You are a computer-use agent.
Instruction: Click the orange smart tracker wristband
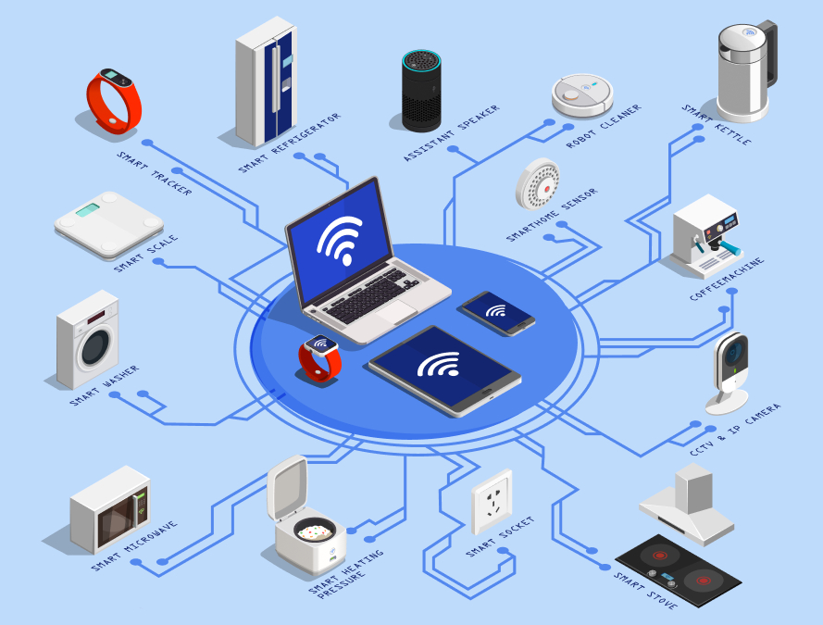click(x=114, y=100)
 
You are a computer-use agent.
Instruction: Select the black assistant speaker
click(x=421, y=90)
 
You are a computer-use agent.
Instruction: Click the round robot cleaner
click(x=582, y=94)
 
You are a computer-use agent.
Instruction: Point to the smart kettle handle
click(x=767, y=56)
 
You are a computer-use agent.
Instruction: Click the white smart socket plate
click(x=492, y=501)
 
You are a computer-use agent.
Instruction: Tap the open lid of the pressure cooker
click(x=286, y=486)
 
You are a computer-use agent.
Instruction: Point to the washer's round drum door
click(x=96, y=350)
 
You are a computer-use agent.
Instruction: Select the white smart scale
click(x=108, y=222)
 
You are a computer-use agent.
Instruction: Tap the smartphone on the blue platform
click(x=497, y=312)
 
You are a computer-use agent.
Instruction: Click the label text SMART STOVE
click(x=645, y=591)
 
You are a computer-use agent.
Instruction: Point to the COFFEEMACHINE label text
click(x=727, y=281)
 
